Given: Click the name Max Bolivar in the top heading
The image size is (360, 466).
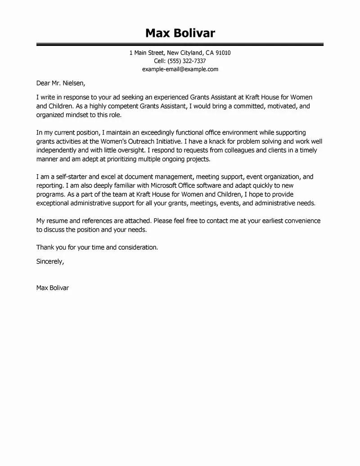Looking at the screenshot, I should tap(180, 33).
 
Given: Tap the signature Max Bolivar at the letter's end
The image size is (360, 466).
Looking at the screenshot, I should tap(52, 288).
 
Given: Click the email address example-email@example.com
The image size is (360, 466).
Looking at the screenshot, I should tap(180, 69).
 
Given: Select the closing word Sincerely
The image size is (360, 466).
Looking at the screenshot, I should tap(49, 261).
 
